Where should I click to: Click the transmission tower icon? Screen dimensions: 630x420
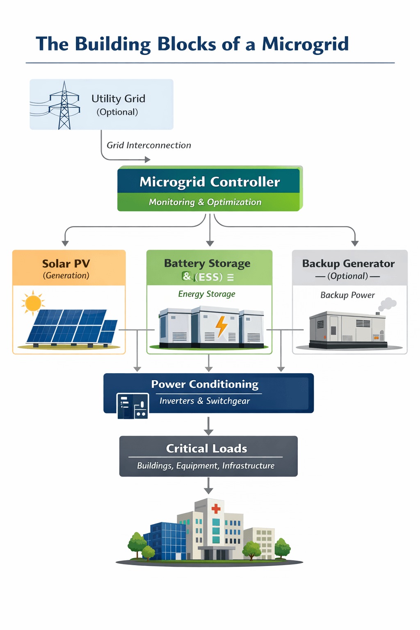point(64,106)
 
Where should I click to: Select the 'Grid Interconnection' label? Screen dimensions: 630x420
point(148,145)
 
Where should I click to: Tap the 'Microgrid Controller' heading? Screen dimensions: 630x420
point(210,182)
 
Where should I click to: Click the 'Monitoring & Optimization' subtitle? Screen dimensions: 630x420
point(205,202)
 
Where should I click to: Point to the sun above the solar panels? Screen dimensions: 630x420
point(33,303)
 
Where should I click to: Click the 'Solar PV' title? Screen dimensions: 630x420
point(66,263)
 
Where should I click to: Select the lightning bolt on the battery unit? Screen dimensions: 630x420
point(221,326)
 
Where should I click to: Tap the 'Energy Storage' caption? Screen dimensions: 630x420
point(207,294)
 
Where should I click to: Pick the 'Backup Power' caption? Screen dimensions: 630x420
point(347,295)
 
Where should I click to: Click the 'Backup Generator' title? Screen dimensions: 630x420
point(348,263)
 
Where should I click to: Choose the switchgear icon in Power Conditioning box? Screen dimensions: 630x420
point(132,406)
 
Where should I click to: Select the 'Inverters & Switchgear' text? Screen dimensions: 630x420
point(205,401)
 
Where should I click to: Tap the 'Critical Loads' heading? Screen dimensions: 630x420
point(207,448)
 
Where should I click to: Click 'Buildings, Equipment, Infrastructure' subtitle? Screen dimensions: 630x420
point(206,466)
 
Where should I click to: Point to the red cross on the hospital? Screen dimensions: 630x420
point(216,509)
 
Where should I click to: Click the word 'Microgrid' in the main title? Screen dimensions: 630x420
point(305,44)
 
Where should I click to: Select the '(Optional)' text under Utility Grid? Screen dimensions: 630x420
point(117,112)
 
